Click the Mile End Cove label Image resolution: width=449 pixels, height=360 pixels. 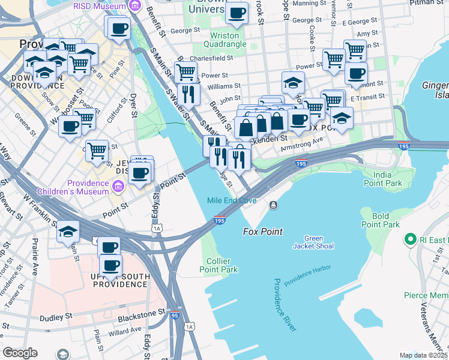228,200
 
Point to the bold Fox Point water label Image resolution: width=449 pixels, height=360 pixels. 262,232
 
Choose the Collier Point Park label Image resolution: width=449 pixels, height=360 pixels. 218,265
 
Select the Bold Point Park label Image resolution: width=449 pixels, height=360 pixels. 381,220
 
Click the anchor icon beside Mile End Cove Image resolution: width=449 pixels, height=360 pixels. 274,205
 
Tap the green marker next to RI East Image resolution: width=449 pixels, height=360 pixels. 411,239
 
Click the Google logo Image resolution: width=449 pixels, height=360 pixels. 20,353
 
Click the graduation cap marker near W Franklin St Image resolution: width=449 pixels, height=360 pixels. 68,230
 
